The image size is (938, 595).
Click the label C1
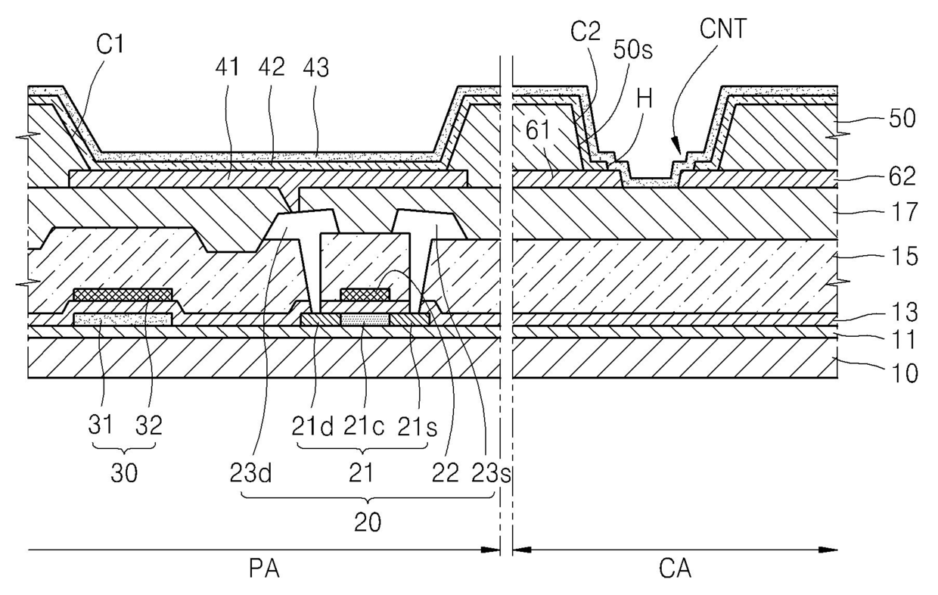click(110, 45)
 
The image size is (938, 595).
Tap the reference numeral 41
click(228, 67)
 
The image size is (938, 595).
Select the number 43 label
click(315, 68)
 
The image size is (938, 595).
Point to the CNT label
click(722, 29)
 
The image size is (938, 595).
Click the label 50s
click(632, 50)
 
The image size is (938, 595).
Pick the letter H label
click(644, 100)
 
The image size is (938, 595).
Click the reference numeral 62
click(902, 176)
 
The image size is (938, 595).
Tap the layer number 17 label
click(905, 212)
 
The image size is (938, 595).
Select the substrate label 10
click(905, 373)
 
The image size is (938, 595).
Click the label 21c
click(364, 427)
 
